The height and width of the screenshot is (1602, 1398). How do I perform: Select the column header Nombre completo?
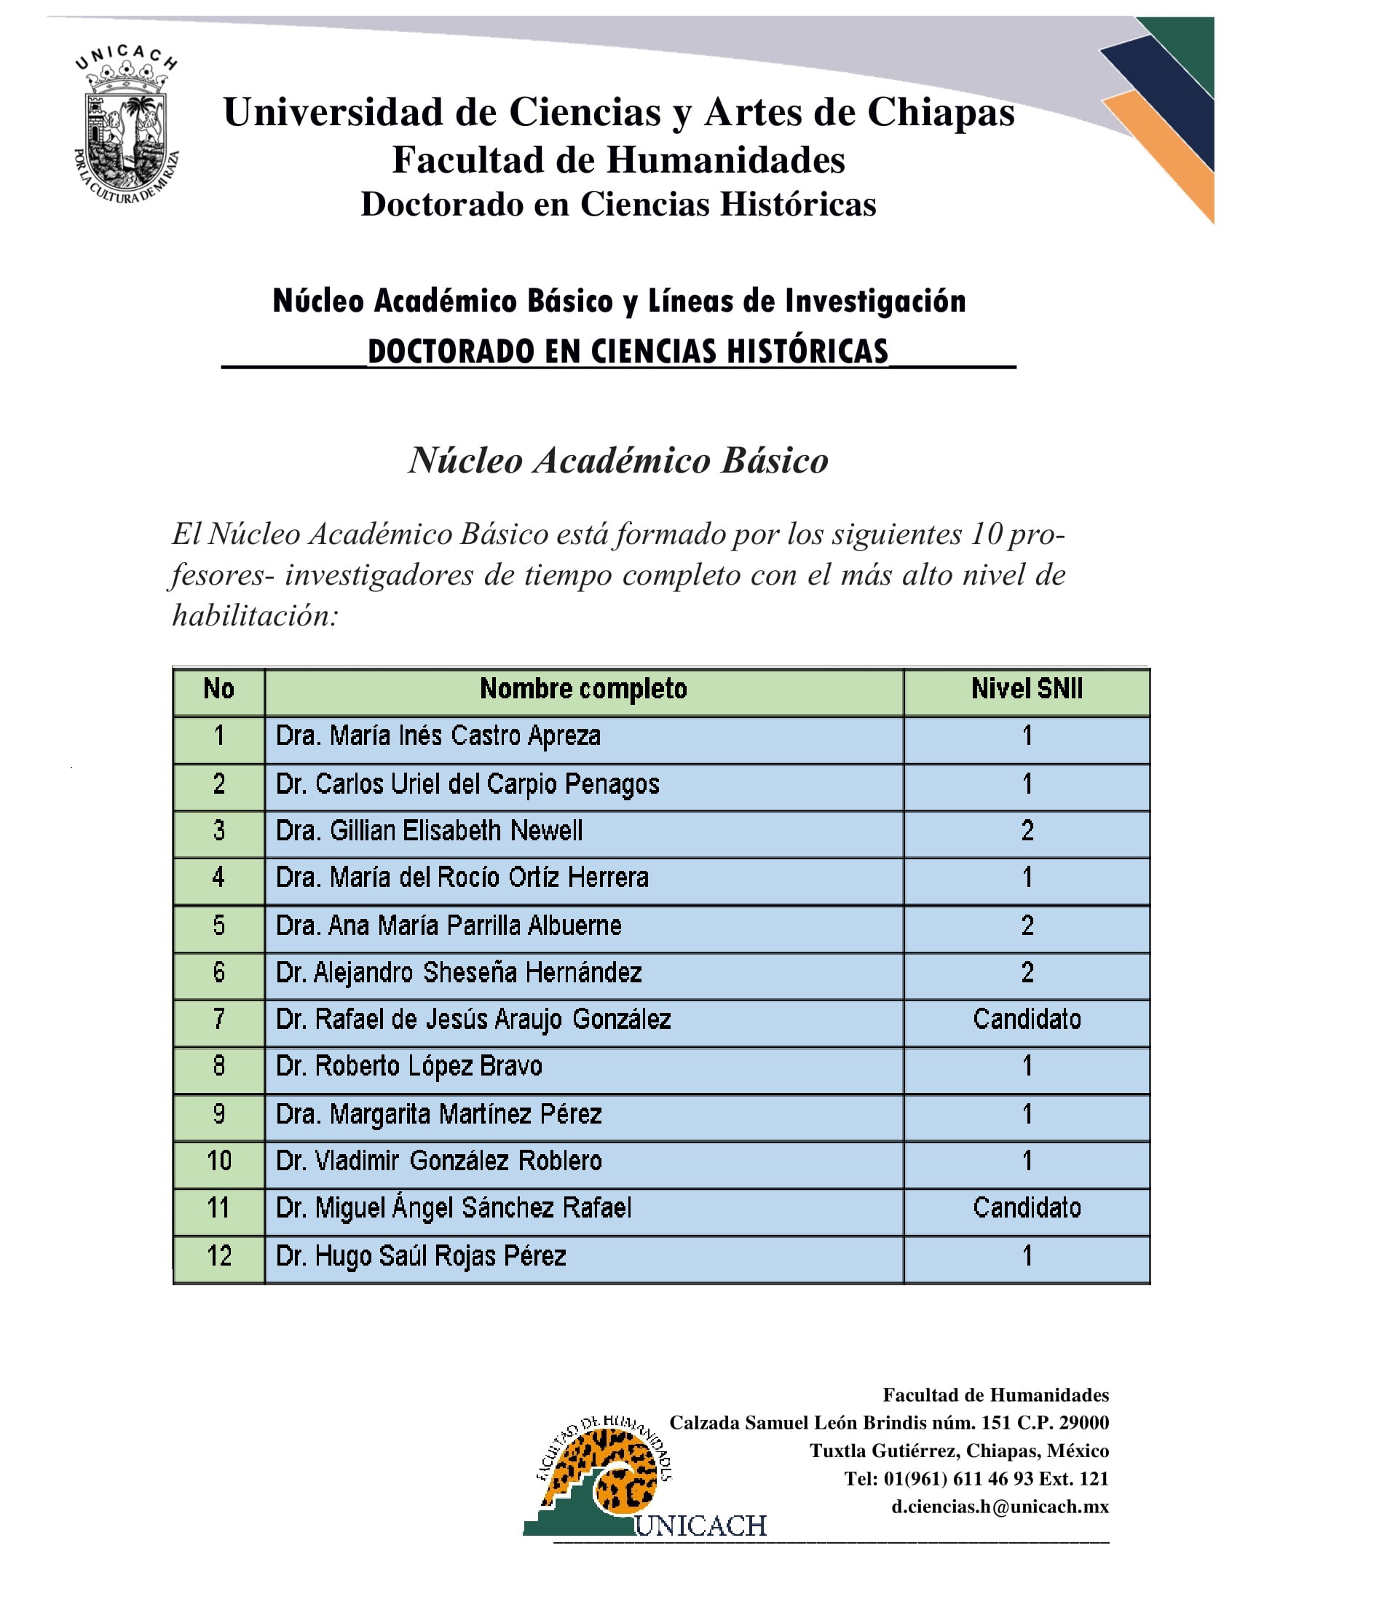click(582, 689)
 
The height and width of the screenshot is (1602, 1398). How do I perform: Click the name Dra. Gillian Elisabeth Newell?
click(429, 831)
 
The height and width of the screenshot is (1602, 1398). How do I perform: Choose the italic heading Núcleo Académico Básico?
click(619, 460)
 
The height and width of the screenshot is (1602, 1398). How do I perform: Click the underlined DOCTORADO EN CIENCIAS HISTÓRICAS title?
click(628, 352)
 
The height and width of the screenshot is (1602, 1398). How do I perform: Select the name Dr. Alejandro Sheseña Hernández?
click(459, 972)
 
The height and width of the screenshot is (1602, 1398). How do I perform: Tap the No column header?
click(219, 689)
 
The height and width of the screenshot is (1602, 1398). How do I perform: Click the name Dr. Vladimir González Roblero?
click(439, 1161)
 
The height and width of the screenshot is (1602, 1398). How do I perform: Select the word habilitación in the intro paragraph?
click(255, 617)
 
